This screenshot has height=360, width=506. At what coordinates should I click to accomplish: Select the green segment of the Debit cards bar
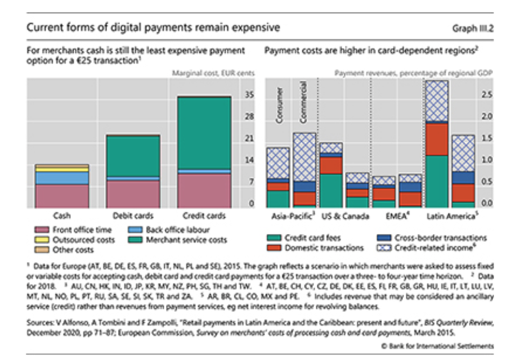[132, 156]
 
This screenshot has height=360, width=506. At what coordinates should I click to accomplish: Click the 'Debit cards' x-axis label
[132, 215]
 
